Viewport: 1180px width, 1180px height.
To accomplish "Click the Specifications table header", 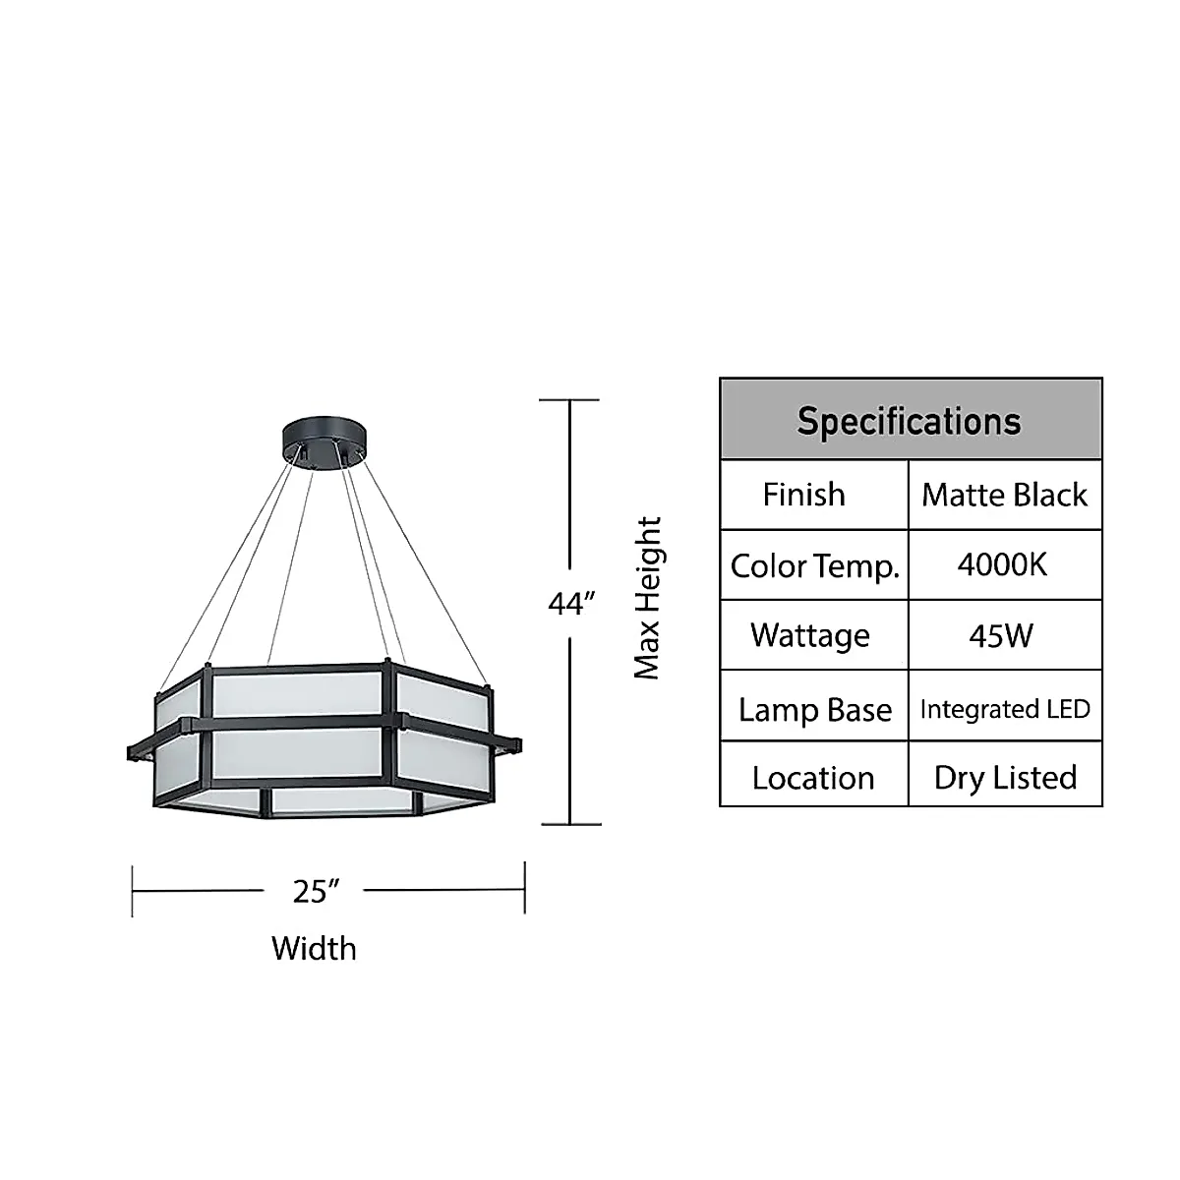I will [910, 421].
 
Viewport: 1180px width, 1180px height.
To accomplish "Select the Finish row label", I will [803, 494].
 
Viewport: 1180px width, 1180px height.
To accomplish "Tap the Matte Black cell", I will [1004, 495].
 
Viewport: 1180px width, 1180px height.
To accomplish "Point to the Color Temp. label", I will [814, 566].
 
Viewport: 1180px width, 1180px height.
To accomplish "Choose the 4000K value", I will [1002, 564].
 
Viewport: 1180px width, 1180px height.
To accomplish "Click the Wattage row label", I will [809, 635].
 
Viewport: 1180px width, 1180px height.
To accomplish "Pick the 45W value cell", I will [1001, 635].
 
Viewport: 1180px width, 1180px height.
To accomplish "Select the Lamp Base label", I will [814, 709].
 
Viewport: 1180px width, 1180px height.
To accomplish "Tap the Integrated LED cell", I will [1005, 708].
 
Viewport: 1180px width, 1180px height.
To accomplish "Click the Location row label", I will [812, 778].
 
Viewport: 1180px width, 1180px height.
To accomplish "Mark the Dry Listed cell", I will [1005, 777].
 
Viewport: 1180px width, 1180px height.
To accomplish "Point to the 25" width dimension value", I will [316, 891].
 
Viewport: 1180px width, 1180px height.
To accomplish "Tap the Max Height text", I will [647, 598].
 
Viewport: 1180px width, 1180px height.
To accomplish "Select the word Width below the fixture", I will [314, 949].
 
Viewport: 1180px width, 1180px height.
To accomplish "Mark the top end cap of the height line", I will [570, 400].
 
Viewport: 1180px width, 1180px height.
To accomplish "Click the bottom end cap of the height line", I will [570, 824].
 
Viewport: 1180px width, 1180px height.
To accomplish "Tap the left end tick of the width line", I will [133, 891].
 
